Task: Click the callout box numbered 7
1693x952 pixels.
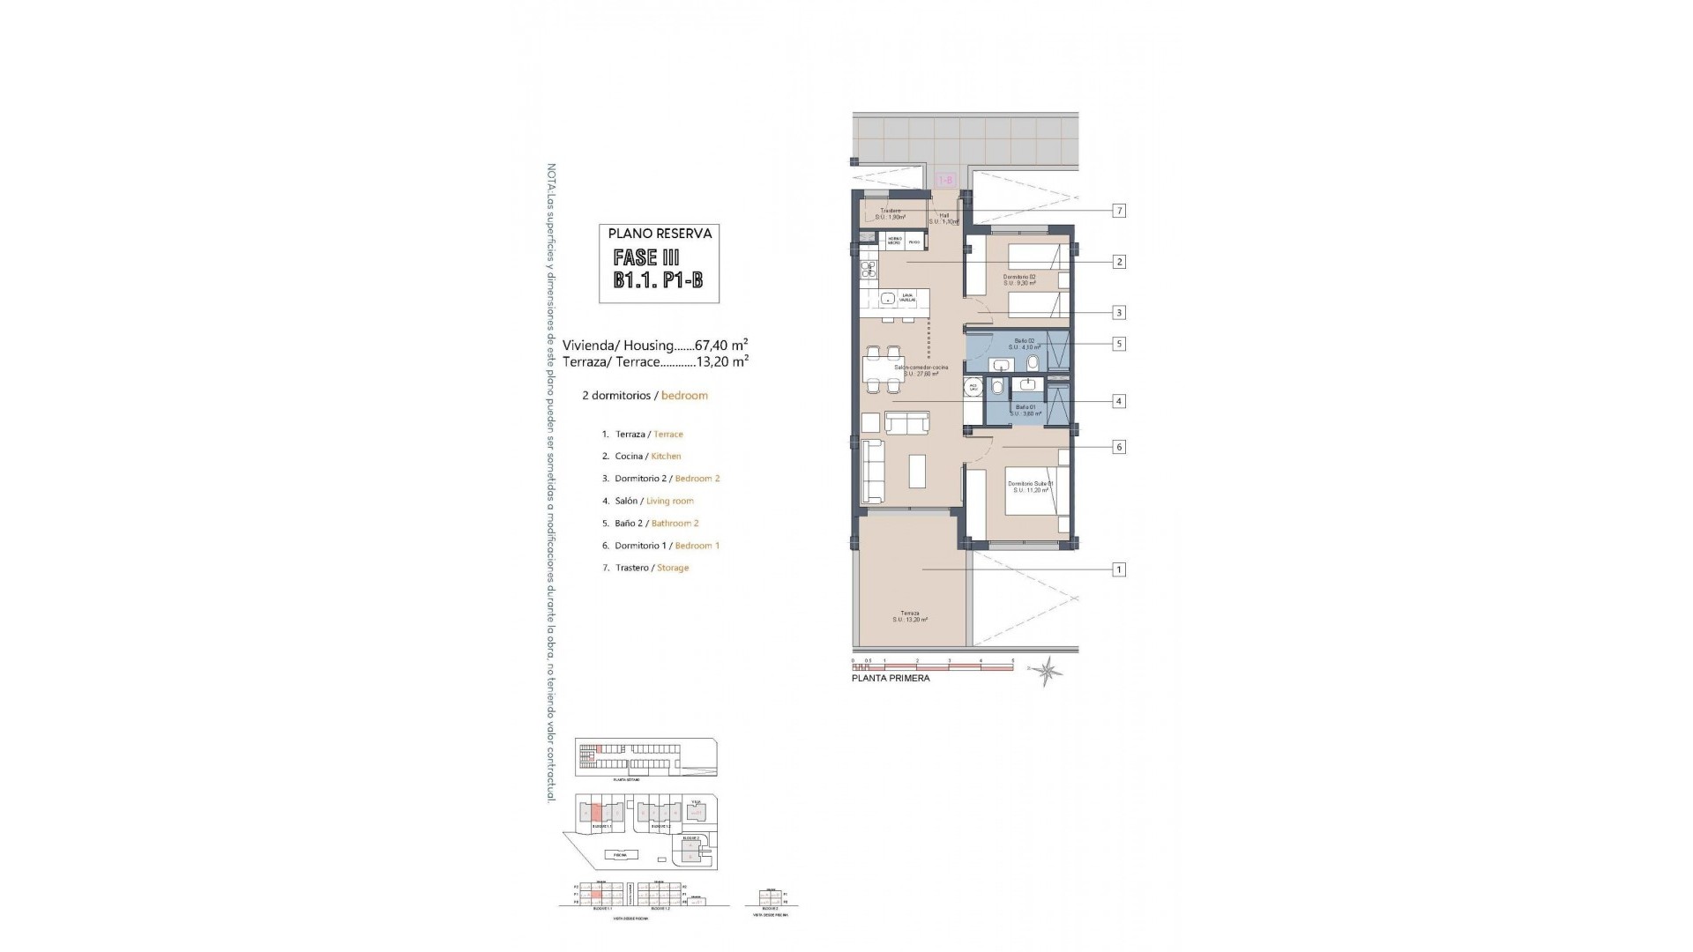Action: (1119, 211)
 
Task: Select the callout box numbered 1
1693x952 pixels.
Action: (1119, 569)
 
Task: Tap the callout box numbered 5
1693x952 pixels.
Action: (1119, 344)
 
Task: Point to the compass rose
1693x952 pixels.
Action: (1048, 671)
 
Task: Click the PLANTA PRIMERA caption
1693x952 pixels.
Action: (890, 679)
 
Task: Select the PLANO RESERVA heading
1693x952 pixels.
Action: (660, 234)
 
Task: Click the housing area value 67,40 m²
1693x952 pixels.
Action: (721, 346)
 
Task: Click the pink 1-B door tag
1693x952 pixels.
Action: (944, 180)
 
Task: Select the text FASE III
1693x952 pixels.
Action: (648, 257)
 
